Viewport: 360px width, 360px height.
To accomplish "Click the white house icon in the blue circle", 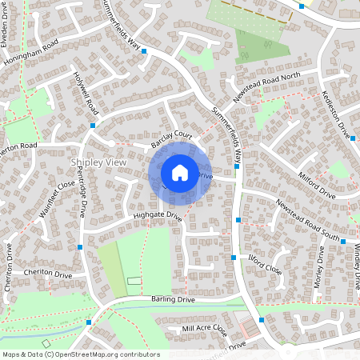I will [180, 172].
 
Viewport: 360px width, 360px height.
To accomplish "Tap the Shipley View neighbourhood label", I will [98, 162].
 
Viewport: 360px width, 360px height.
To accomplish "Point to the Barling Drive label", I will [173, 299].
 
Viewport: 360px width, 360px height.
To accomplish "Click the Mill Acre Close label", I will [204, 329].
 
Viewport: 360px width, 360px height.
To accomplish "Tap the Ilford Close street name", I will [266, 265].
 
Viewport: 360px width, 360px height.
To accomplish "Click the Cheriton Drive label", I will [48, 274].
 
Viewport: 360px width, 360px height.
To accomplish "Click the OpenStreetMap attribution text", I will [80, 354].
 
